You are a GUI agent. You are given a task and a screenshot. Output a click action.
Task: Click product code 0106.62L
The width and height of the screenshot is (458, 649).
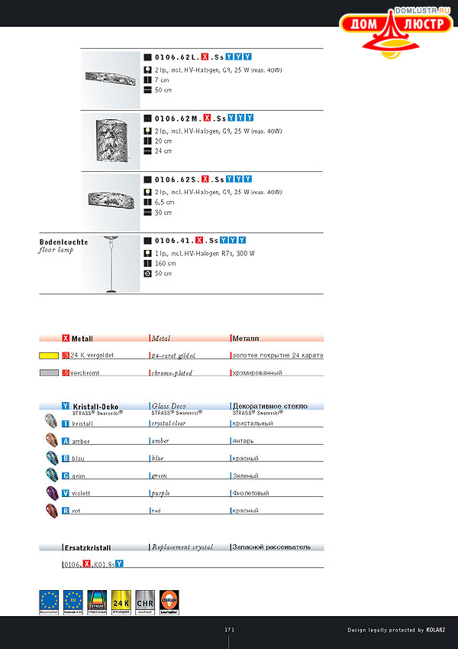[176, 57]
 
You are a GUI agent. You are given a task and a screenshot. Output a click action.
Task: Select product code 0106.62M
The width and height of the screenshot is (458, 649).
[176, 118]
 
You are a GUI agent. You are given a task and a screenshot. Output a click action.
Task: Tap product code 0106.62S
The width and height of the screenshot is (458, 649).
[176, 179]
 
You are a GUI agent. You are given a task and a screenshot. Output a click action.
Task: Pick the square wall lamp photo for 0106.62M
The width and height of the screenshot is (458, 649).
[111, 141]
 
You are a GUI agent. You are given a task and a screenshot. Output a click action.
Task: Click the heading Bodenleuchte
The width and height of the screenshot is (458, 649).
[63, 242]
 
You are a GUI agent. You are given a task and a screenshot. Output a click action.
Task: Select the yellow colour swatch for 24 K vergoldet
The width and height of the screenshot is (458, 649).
[49, 355]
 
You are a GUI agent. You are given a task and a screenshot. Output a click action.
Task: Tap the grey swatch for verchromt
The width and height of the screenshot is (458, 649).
[49, 373]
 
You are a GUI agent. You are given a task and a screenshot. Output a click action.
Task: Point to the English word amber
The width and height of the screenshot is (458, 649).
[160, 441]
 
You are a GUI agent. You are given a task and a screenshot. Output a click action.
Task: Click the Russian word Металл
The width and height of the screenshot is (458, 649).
[246, 338]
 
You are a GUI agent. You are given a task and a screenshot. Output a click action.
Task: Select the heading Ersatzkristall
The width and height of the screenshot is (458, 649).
[87, 547]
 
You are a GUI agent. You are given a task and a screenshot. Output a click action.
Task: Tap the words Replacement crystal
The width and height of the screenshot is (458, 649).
[182, 547]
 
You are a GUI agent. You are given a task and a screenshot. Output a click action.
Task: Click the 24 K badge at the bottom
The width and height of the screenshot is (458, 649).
[121, 601]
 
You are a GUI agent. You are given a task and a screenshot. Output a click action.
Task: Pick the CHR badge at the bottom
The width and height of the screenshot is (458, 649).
[145, 601]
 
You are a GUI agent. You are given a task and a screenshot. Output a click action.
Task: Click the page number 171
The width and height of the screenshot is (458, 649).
[229, 629]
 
